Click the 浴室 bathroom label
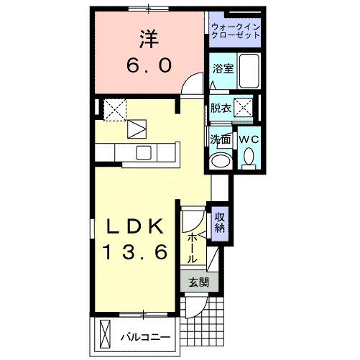[x=222, y=69]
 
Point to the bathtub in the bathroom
[x=249, y=70]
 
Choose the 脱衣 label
[x=220, y=109]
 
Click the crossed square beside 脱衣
[x=244, y=109]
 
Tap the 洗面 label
[x=220, y=138]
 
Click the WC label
[x=249, y=138]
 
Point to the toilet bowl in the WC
[x=249, y=155]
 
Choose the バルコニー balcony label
[x=145, y=336]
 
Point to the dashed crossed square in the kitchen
[x=114, y=109]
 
